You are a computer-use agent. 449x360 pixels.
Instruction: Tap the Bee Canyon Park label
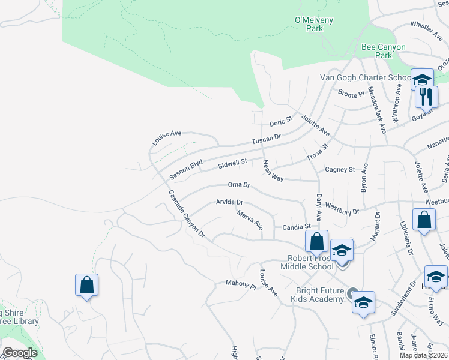(384, 51)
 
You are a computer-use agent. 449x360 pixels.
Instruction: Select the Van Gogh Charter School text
(373, 78)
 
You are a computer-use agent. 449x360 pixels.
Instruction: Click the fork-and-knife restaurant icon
(427, 97)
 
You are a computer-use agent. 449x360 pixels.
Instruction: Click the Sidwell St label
(232, 163)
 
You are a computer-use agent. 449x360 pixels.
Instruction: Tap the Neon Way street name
(273, 170)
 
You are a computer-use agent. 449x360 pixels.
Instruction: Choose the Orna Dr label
(238, 185)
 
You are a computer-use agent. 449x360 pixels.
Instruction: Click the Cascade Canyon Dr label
(186, 214)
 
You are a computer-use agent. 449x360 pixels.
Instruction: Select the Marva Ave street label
(249, 220)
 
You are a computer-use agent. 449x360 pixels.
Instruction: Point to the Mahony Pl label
(241, 283)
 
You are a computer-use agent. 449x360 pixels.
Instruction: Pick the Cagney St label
(340, 170)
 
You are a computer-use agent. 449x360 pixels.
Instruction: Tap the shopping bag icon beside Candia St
(316, 242)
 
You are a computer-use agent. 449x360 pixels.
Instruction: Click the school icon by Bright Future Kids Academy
(363, 303)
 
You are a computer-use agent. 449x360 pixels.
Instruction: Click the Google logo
(20, 353)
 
